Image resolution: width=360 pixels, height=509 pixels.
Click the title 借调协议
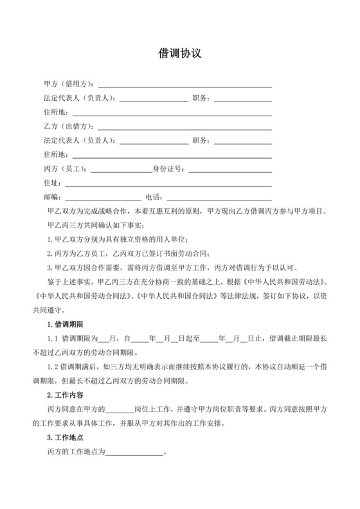coord(180,54)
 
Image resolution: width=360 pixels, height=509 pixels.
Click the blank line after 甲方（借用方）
coord(184,84)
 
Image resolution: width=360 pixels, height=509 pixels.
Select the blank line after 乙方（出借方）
coord(184,127)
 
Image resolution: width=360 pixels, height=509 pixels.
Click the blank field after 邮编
coord(102,197)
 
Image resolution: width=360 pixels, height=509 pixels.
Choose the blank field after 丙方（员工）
coord(122,169)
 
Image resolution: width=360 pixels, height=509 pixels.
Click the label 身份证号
coord(167,169)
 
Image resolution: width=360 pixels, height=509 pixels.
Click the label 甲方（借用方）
coord(69,84)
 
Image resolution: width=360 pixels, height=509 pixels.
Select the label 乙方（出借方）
coord(69,127)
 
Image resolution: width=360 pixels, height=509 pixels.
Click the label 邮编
coord(51,197)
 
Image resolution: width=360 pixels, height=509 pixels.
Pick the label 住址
coord(51,183)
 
